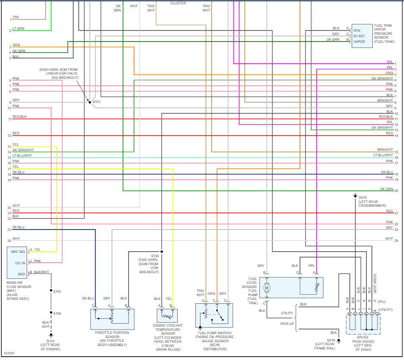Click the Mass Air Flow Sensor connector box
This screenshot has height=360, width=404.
click(x=17, y=262)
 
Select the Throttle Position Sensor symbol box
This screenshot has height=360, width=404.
click(x=112, y=319)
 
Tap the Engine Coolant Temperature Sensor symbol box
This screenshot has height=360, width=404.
click(x=167, y=316)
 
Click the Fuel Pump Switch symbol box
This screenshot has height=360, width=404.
click(x=214, y=316)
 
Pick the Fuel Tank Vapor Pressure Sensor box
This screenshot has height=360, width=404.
click(x=362, y=36)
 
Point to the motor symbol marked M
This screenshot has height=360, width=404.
click(x=267, y=288)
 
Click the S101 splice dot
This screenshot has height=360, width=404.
click(x=89, y=102)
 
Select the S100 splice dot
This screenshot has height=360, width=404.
click(x=162, y=252)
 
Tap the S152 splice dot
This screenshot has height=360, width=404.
click(x=51, y=291)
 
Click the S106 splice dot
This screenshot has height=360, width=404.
click(x=51, y=313)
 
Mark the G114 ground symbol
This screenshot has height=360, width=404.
click(x=51, y=338)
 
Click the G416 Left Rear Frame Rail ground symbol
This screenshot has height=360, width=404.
click(x=338, y=341)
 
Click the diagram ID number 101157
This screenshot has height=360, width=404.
click(x=9, y=353)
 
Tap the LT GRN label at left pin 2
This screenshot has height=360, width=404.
click(x=18, y=28)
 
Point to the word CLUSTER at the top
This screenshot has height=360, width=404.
click(x=178, y=3)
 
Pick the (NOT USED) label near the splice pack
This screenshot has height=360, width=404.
click(x=374, y=284)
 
